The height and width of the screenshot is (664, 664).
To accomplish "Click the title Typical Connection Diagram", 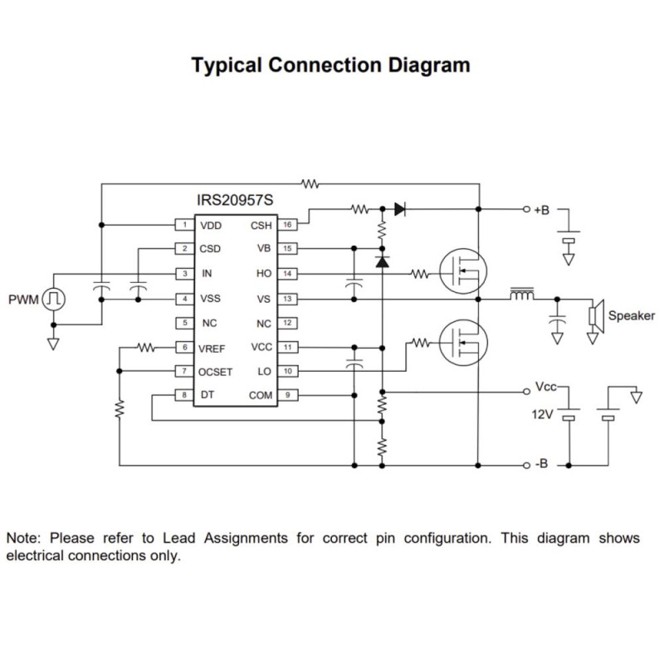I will click(x=330, y=66).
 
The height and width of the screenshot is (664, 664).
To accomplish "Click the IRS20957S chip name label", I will click(x=235, y=202).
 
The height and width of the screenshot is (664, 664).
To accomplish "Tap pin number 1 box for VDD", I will click(x=183, y=225).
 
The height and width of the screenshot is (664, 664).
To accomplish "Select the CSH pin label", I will click(x=261, y=225).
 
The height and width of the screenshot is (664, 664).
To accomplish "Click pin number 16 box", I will click(x=286, y=225).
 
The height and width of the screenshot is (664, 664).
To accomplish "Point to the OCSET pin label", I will click(x=216, y=372).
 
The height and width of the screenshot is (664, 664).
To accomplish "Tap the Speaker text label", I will click(x=631, y=315).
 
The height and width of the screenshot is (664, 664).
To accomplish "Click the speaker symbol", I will click(x=594, y=316).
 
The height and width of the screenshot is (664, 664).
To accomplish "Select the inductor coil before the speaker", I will click(x=522, y=294).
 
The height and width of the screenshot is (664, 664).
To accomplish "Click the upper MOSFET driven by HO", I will click(x=462, y=272).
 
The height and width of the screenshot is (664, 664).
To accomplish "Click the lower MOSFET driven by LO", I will click(x=462, y=341).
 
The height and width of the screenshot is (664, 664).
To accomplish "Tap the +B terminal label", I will click(x=541, y=210).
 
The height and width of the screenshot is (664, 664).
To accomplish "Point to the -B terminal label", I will click(x=539, y=464).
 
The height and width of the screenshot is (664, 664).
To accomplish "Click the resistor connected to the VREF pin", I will click(x=147, y=348).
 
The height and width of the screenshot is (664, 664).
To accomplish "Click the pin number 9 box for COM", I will click(x=286, y=396).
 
